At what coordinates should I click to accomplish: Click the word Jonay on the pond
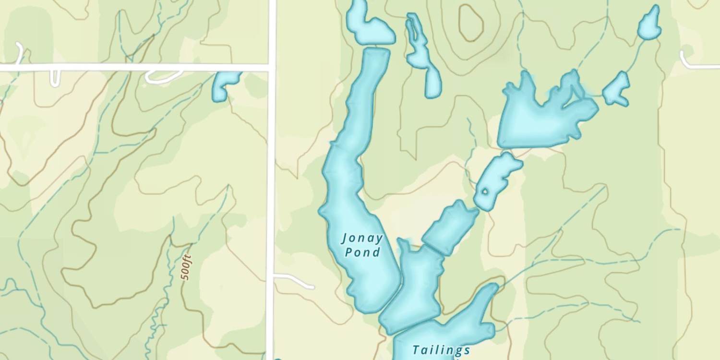click(362, 238)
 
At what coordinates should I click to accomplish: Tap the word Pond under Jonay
click(363, 252)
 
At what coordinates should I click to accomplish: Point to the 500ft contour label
click(186, 267)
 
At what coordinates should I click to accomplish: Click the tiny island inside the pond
click(485, 192)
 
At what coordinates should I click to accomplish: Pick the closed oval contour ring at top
click(470, 23)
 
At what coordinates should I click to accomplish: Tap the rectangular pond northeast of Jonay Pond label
click(450, 227)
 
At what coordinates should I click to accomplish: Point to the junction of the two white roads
click(272, 67)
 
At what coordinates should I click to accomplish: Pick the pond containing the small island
click(497, 180)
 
